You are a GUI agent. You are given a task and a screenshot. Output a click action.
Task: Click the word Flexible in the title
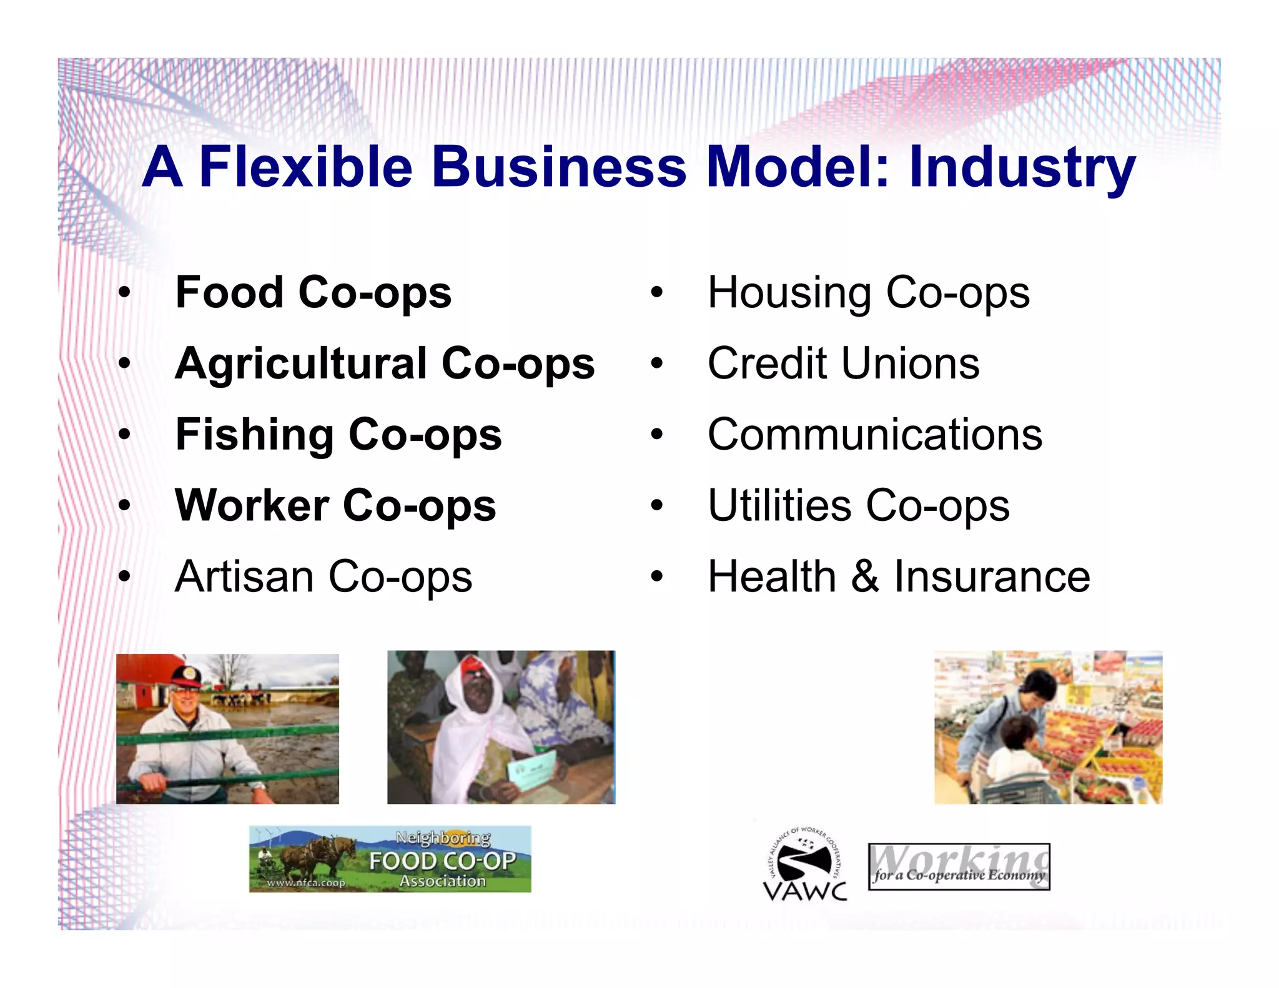point(305,167)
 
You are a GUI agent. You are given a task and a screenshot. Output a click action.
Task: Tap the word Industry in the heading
point(1022,167)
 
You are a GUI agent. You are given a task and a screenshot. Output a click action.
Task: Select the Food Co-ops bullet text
point(314,292)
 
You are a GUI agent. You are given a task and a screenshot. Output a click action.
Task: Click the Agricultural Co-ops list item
point(385,363)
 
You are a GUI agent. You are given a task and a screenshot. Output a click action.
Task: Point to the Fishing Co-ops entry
point(338,435)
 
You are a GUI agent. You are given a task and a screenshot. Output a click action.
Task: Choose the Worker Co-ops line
point(335,505)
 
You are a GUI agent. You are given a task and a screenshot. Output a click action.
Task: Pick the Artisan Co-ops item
point(323,576)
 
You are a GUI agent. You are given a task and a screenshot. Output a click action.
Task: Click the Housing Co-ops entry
point(868,292)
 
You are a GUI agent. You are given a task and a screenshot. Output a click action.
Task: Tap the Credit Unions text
point(843,363)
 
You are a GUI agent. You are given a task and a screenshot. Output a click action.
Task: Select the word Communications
point(874,435)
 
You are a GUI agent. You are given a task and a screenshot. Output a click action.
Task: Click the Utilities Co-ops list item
point(858,505)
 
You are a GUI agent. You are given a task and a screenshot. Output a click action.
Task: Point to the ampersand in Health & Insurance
point(864,576)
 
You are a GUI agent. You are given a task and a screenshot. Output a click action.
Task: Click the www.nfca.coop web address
point(305,882)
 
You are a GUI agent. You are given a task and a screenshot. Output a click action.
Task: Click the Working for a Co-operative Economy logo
point(959,867)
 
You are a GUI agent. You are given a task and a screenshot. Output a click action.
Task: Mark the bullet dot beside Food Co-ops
point(125,293)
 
